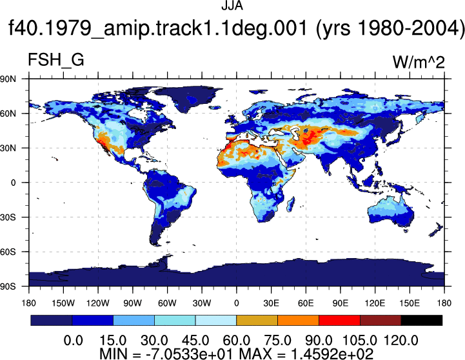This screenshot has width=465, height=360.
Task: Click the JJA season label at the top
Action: point(232,5)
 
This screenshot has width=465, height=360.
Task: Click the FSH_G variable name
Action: point(55,59)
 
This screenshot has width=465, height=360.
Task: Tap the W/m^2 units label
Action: point(419,63)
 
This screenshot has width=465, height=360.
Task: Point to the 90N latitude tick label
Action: point(8,79)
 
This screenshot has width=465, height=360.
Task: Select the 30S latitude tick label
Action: point(8,217)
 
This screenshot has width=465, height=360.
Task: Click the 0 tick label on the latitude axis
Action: point(14,183)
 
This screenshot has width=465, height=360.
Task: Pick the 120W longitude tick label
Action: point(98,303)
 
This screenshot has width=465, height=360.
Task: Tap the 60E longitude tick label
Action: point(306,303)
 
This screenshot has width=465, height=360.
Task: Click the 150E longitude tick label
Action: point(410,303)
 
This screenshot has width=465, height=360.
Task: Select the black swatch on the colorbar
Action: point(421,320)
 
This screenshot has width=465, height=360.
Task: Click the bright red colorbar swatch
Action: point(339,320)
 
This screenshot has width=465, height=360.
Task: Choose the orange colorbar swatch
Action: point(298,320)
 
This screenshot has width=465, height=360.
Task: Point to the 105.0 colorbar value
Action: point(360,340)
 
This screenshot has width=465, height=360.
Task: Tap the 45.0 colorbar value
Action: point(195,340)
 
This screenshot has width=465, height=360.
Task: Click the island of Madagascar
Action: point(291,205)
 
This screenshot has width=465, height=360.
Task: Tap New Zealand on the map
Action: point(437,230)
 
